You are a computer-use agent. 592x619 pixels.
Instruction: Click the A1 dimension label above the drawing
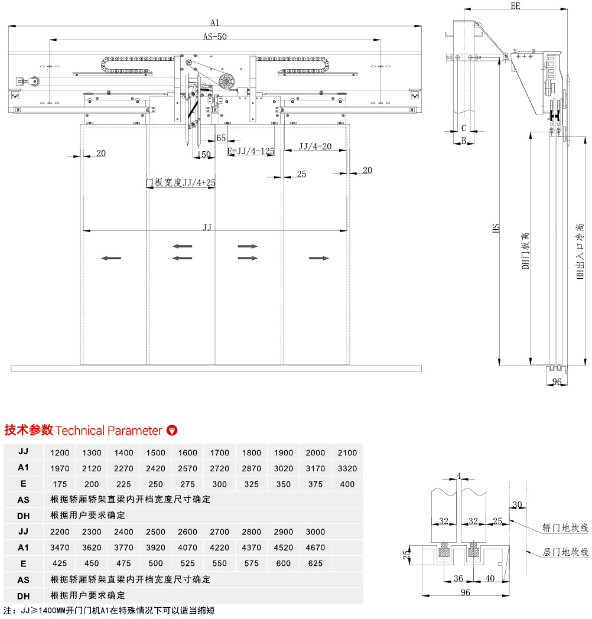click(215, 22)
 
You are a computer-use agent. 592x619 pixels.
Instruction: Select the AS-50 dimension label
click(215, 36)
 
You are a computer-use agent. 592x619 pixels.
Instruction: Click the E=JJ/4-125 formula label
click(251, 151)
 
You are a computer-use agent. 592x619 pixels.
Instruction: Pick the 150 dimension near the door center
click(203, 155)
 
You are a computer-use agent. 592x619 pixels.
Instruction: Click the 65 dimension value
click(221, 138)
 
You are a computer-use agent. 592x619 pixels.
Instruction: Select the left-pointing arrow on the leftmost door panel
click(111, 258)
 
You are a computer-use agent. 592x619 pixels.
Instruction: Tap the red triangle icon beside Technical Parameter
click(172, 430)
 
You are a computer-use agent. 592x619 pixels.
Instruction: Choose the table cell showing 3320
click(347, 468)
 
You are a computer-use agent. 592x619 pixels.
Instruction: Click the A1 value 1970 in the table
click(60, 468)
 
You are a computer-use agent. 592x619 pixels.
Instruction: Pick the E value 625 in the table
click(315, 563)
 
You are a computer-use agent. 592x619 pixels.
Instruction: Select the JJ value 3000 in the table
click(315, 532)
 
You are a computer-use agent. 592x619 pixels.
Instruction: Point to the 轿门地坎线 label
click(565, 528)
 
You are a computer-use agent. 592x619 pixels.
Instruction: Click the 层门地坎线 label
click(565, 552)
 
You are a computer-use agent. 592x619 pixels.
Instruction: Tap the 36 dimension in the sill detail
click(458, 578)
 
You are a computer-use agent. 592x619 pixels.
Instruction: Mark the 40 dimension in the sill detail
click(489, 578)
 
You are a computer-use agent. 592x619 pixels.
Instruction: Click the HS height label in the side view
click(496, 229)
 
